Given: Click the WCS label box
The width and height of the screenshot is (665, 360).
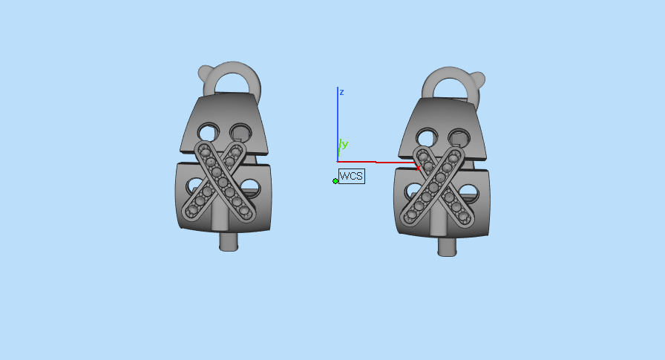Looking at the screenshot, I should coord(351,177).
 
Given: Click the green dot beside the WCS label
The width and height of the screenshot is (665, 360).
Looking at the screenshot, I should coord(335,180).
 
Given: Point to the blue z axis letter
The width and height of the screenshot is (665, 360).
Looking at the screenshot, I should coord(341,92).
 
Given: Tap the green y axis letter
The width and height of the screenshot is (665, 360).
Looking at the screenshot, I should coord(344,144).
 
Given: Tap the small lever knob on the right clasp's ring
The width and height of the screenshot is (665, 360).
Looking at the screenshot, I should coord(479,78).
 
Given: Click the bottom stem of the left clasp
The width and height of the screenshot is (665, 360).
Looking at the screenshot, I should coord(229,241).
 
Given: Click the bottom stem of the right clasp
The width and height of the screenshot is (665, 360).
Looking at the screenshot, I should coord(446,247).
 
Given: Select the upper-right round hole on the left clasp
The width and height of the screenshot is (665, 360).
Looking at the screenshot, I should coord(240,132).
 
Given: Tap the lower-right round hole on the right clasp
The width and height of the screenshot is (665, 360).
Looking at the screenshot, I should coord(467,193).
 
